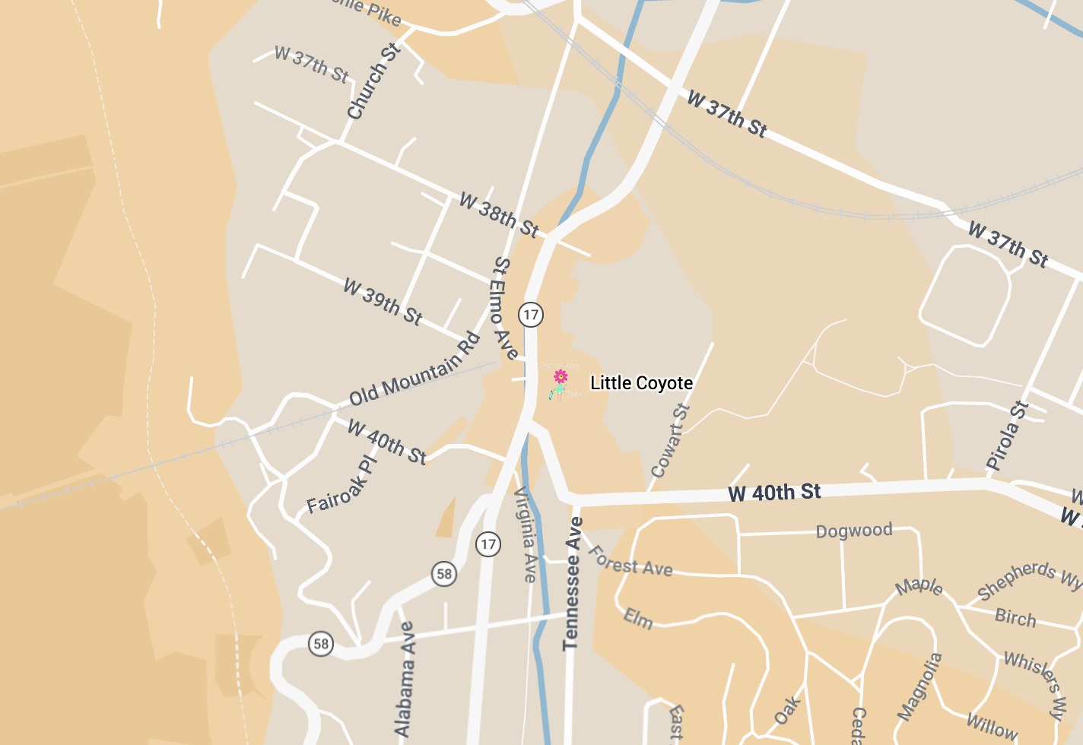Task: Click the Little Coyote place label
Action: click(641, 383)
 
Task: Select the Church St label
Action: click(373, 82)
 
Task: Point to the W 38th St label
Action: click(499, 214)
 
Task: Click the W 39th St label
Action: click(383, 302)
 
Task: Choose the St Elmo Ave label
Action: click(506, 308)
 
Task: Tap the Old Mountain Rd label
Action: click(414, 369)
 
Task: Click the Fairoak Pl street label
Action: click(342, 485)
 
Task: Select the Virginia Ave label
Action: click(526, 535)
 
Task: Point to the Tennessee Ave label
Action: click(572, 584)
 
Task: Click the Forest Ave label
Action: click(630, 561)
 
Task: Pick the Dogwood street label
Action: click(853, 531)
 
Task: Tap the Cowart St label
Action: click(670, 441)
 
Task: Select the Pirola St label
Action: click(1007, 436)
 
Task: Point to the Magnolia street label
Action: click(920, 686)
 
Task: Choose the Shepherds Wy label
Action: click(1029, 579)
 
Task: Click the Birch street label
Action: click(1015, 617)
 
